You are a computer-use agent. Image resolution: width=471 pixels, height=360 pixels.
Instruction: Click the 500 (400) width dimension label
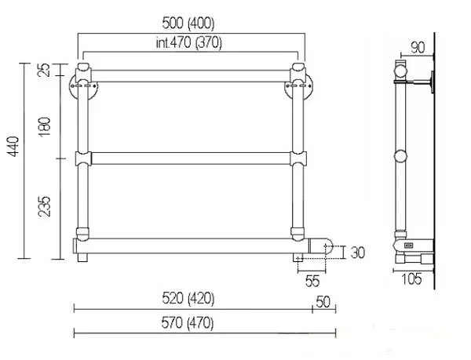pos(188,24)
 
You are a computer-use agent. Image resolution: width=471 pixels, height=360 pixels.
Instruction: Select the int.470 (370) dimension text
pos(189,43)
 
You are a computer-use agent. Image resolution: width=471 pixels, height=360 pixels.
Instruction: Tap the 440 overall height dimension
pos(13,146)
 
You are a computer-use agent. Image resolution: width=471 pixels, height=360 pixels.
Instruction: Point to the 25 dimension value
pos(44,70)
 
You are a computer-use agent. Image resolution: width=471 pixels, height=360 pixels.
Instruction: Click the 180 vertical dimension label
pos(44,126)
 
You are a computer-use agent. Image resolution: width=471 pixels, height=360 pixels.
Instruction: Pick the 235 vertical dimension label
pos(44,206)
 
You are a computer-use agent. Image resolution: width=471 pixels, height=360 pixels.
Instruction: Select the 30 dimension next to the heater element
pos(358,253)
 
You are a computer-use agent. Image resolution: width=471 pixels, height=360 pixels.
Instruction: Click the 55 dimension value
pos(312,281)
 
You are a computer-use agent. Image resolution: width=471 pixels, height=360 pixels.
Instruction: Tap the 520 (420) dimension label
pos(188,299)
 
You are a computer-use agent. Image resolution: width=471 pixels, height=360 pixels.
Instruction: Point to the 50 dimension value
pos(323,302)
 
